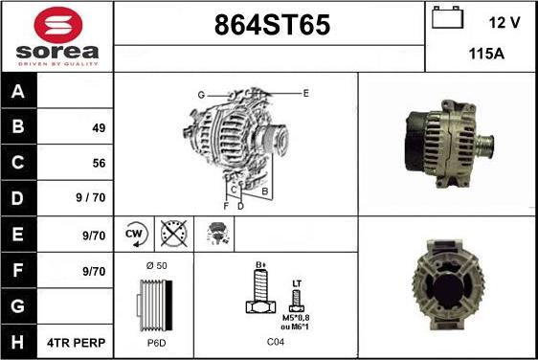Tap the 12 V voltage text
503,21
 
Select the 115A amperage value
486,55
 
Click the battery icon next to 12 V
446,19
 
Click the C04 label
276,340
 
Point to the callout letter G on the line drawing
201,95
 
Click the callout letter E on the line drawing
305,93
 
